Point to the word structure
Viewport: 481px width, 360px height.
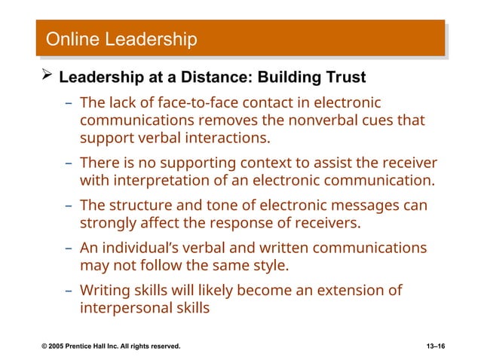point(135,206)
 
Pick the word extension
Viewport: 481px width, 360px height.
point(345,291)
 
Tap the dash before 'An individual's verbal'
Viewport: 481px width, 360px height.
point(69,248)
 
